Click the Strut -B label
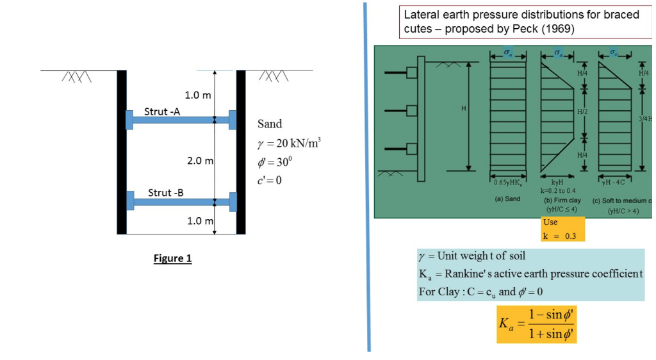[x=166, y=192]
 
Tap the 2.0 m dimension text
[x=200, y=160]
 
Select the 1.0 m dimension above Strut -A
[x=198, y=95]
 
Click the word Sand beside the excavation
[x=270, y=124]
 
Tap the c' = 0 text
[x=269, y=179]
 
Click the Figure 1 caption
[x=172, y=259]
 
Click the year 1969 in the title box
[x=559, y=29]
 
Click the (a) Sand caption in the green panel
[x=507, y=199]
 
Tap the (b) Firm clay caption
[x=561, y=200]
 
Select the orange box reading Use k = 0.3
[x=562, y=229]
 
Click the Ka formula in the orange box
[x=536, y=324]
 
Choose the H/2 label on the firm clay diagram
[x=582, y=111]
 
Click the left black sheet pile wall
[x=122, y=151]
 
